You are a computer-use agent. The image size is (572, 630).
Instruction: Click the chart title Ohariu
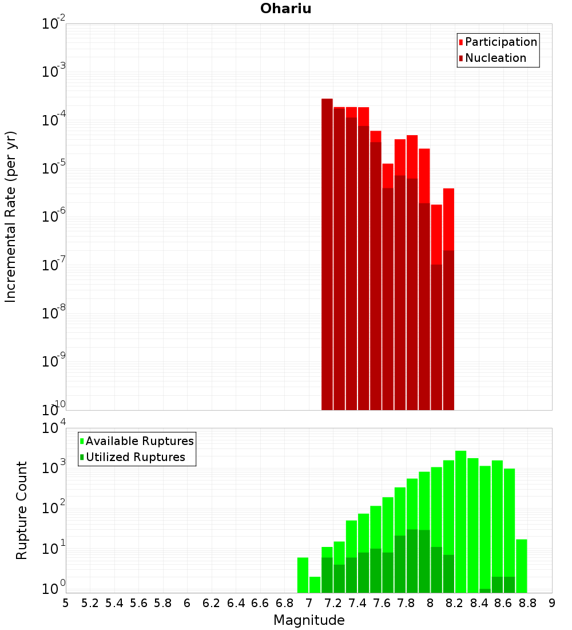pos(285,9)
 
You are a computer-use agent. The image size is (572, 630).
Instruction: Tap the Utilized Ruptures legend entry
pos(135,457)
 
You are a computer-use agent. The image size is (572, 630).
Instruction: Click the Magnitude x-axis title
pos(309,620)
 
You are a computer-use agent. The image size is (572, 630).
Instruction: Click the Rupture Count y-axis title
pos(22,510)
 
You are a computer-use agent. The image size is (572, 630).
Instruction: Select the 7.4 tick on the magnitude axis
pos(357,603)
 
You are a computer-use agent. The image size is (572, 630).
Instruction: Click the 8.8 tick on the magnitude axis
pos(527,603)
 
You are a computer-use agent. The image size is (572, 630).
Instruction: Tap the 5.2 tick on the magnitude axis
pos(90,603)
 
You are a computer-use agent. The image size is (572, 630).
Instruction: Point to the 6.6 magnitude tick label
pos(260,603)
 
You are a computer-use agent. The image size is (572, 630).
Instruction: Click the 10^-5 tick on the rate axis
pos(54,168)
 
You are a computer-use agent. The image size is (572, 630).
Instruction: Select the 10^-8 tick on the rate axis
pos(54,313)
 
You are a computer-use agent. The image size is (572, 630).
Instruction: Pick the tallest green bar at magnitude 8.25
pos(460,521)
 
